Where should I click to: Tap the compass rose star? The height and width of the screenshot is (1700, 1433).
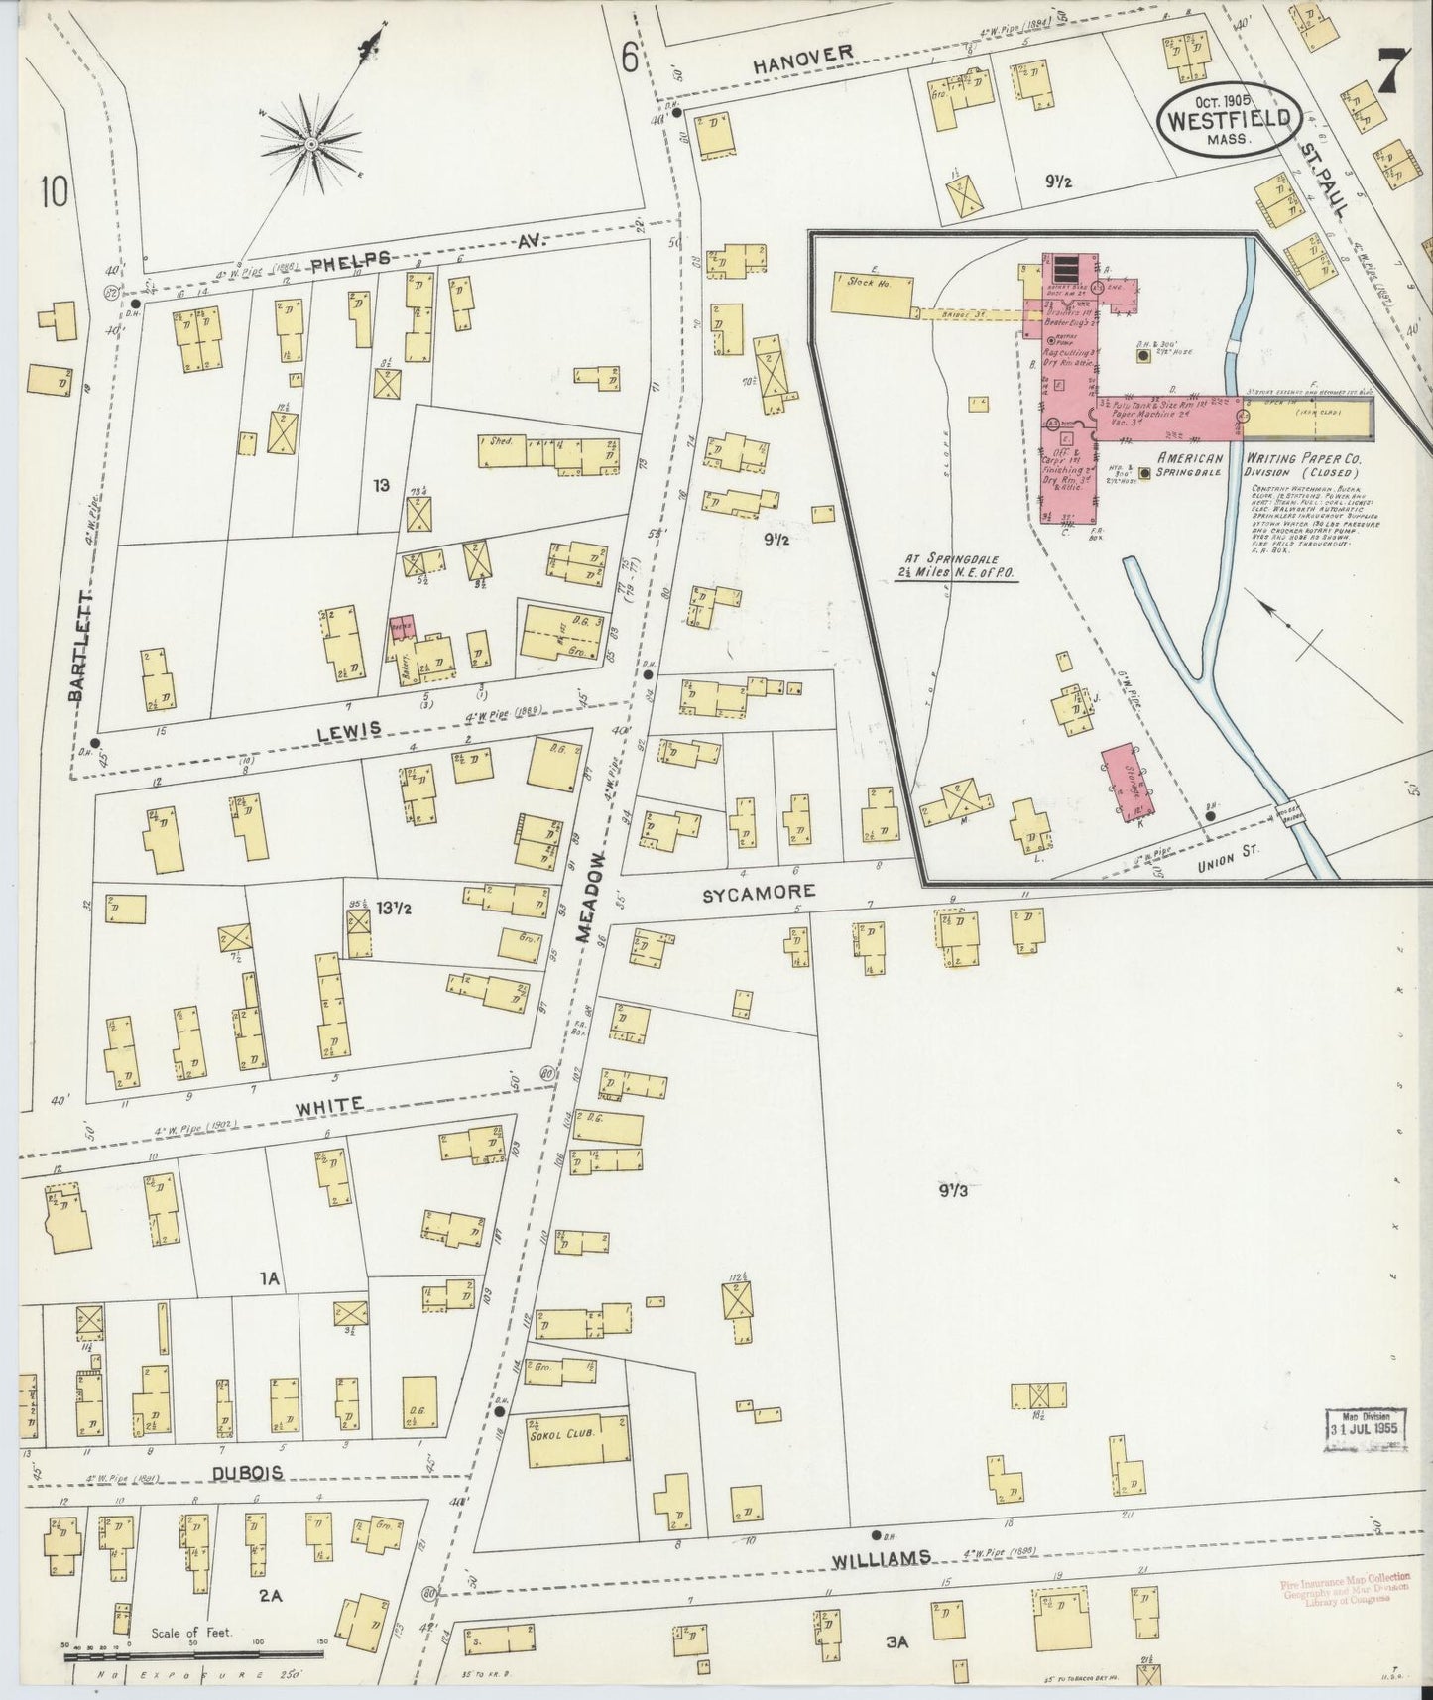point(310,146)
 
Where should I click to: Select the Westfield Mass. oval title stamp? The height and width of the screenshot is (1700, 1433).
point(1228,118)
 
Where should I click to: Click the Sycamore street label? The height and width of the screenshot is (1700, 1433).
point(759,892)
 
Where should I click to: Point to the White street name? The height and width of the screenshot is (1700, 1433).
point(336,1103)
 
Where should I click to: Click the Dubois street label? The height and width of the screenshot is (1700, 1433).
point(247,1472)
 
